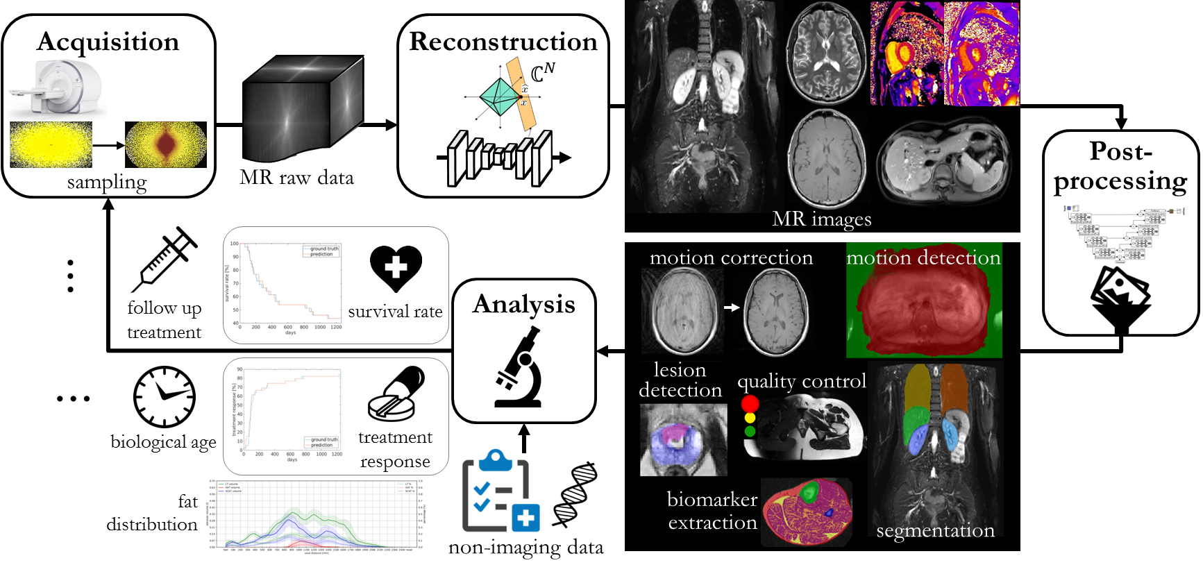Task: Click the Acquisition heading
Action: (108, 42)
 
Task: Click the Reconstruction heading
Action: (503, 42)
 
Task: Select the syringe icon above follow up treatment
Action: (165, 258)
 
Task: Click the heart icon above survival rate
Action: (396, 268)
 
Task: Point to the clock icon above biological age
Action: (165, 397)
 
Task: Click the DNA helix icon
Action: (575, 494)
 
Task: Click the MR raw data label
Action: (296, 178)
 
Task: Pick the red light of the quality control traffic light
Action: (750, 404)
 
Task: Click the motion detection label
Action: (923, 258)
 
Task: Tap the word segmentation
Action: (935, 531)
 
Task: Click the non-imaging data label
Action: (525, 548)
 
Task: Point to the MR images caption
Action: (822, 219)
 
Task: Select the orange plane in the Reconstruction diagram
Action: (521, 94)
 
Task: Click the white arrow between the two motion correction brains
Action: (732, 307)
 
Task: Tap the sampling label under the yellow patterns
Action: (107, 183)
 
